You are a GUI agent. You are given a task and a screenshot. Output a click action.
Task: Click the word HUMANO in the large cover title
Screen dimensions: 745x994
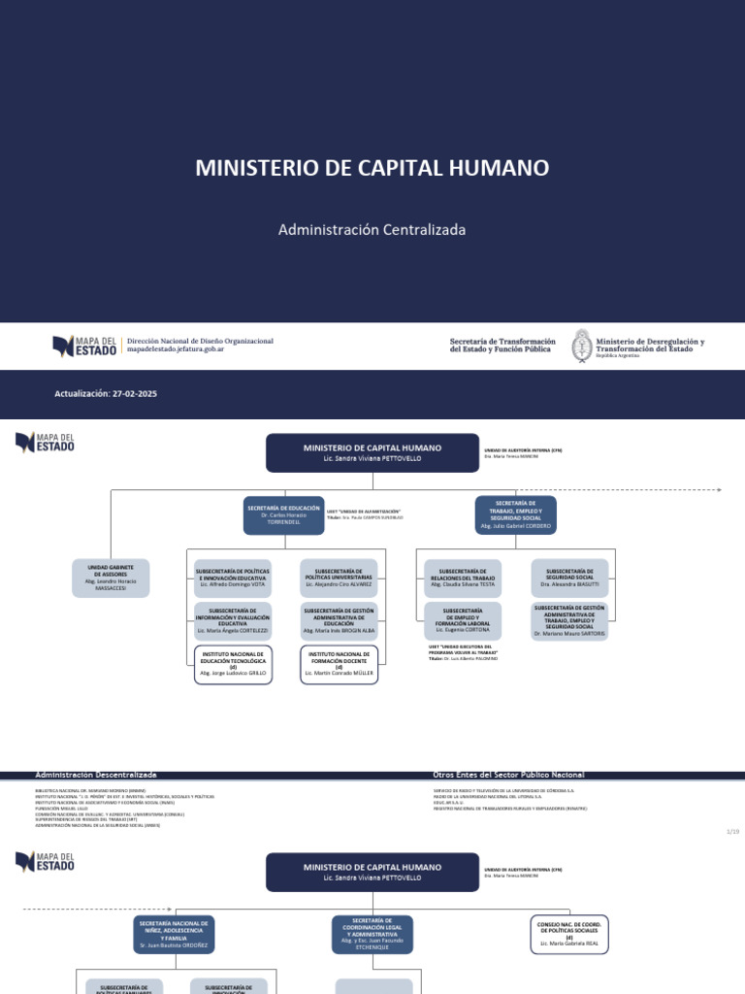point(498,168)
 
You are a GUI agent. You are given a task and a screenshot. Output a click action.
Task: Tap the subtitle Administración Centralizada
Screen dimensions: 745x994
point(372,230)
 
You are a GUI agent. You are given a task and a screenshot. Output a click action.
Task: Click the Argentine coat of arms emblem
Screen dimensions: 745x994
point(581,346)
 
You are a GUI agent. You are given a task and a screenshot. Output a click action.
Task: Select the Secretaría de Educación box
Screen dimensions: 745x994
point(283,514)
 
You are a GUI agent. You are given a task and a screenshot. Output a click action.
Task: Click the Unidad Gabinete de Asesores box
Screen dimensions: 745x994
point(112,578)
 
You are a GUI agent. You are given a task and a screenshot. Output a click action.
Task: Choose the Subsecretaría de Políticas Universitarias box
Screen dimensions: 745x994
point(339,578)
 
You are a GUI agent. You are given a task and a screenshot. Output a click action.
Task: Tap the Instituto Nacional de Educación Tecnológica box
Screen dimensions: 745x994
point(233,664)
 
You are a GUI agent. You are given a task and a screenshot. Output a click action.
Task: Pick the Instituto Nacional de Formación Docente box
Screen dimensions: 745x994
point(339,664)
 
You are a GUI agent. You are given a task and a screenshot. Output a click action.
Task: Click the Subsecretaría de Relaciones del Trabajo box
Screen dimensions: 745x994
point(463,578)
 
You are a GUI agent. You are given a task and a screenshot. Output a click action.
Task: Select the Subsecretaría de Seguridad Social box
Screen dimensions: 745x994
point(569,578)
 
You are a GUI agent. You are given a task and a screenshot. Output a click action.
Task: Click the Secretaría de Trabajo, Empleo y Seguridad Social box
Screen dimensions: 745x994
point(515,514)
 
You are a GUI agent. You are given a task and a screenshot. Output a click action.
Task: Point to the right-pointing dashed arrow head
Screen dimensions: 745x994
point(719,490)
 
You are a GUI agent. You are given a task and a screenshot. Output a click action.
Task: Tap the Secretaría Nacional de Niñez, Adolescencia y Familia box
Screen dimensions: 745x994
point(174,933)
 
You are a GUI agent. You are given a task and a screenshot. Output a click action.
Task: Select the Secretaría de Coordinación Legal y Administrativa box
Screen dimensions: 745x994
point(372,933)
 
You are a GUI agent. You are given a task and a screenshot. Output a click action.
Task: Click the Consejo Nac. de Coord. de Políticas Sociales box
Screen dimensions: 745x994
point(569,933)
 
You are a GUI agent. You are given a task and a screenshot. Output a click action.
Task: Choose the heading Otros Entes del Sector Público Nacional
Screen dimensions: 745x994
point(508,775)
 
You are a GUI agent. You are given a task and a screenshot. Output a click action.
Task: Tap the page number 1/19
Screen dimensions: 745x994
point(732,832)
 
